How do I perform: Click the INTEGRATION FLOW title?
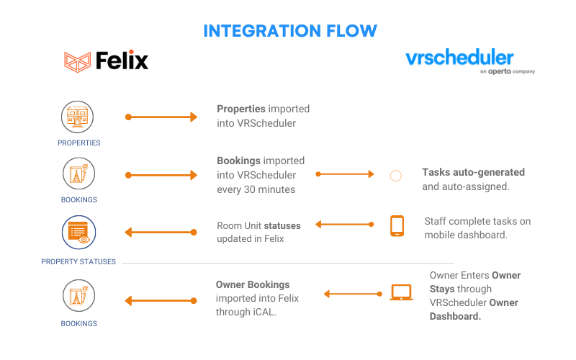coord(290,31)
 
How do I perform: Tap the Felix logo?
coord(106,60)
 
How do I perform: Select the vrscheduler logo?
coord(470,61)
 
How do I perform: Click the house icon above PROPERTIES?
coord(77,117)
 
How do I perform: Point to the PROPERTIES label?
coord(79,143)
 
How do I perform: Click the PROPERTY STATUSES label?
coord(78,261)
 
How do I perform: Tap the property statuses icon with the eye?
coord(78,232)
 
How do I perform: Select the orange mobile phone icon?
coord(397,225)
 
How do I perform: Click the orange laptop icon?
coord(401,292)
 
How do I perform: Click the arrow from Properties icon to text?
coord(161,117)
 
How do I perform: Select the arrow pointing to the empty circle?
coord(345,174)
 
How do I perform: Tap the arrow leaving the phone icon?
coord(345,224)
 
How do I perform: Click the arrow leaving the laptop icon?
coord(353,294)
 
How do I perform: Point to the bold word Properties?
coord(241,109)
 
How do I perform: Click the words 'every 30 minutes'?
coord(256,189)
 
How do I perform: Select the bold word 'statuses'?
coord(282,225)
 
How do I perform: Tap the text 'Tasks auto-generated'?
coord(473,172)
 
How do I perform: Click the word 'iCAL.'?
coord(264,312)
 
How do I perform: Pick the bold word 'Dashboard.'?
coord(455,316)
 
